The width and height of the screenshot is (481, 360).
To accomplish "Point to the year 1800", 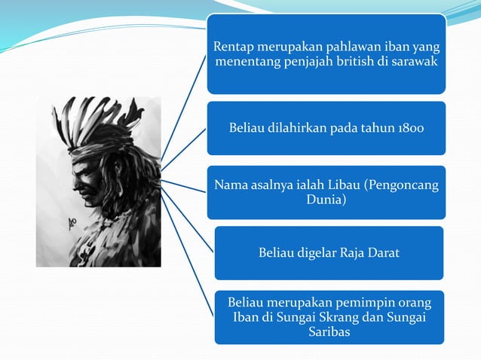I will (x=409, y=128).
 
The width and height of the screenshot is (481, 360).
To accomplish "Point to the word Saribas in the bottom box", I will (x=329, y=332).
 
